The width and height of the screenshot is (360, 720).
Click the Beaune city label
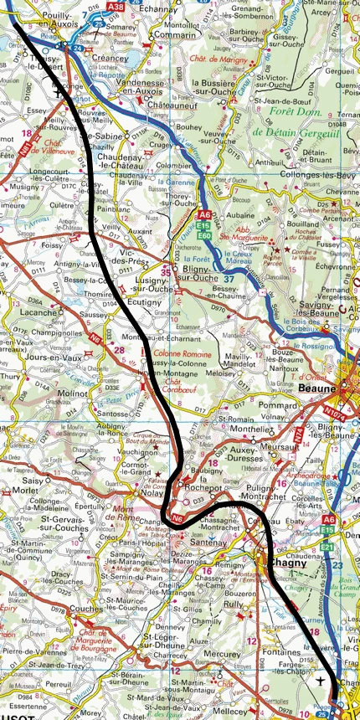pos(321,389)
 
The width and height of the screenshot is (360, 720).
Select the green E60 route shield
pos(204,237)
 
